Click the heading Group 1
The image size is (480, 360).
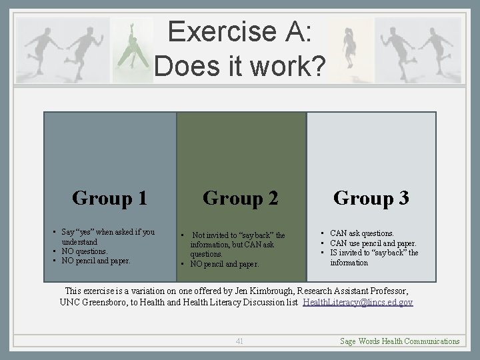[x=109, y=198]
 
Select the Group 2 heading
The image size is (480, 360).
[x=240, y=198]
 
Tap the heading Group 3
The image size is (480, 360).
[x=371, y=198]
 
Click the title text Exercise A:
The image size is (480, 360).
[x=239, y=32]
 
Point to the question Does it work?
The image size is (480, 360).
[x=239, y=65]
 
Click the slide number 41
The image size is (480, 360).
[x=239, y=341]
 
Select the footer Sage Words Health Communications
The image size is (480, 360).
[x=399, y=341]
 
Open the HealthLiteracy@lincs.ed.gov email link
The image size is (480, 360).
[x=357, y=302]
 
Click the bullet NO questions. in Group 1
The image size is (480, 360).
[x=84, y=251]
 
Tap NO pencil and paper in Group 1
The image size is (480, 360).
[x=96, y=261]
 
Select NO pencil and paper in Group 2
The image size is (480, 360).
[x=224, y=264]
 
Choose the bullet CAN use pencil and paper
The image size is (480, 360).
[x=373, y=243]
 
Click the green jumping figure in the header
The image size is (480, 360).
[x=133, y=49]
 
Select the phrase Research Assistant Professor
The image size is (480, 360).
[x=351, y=291]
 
